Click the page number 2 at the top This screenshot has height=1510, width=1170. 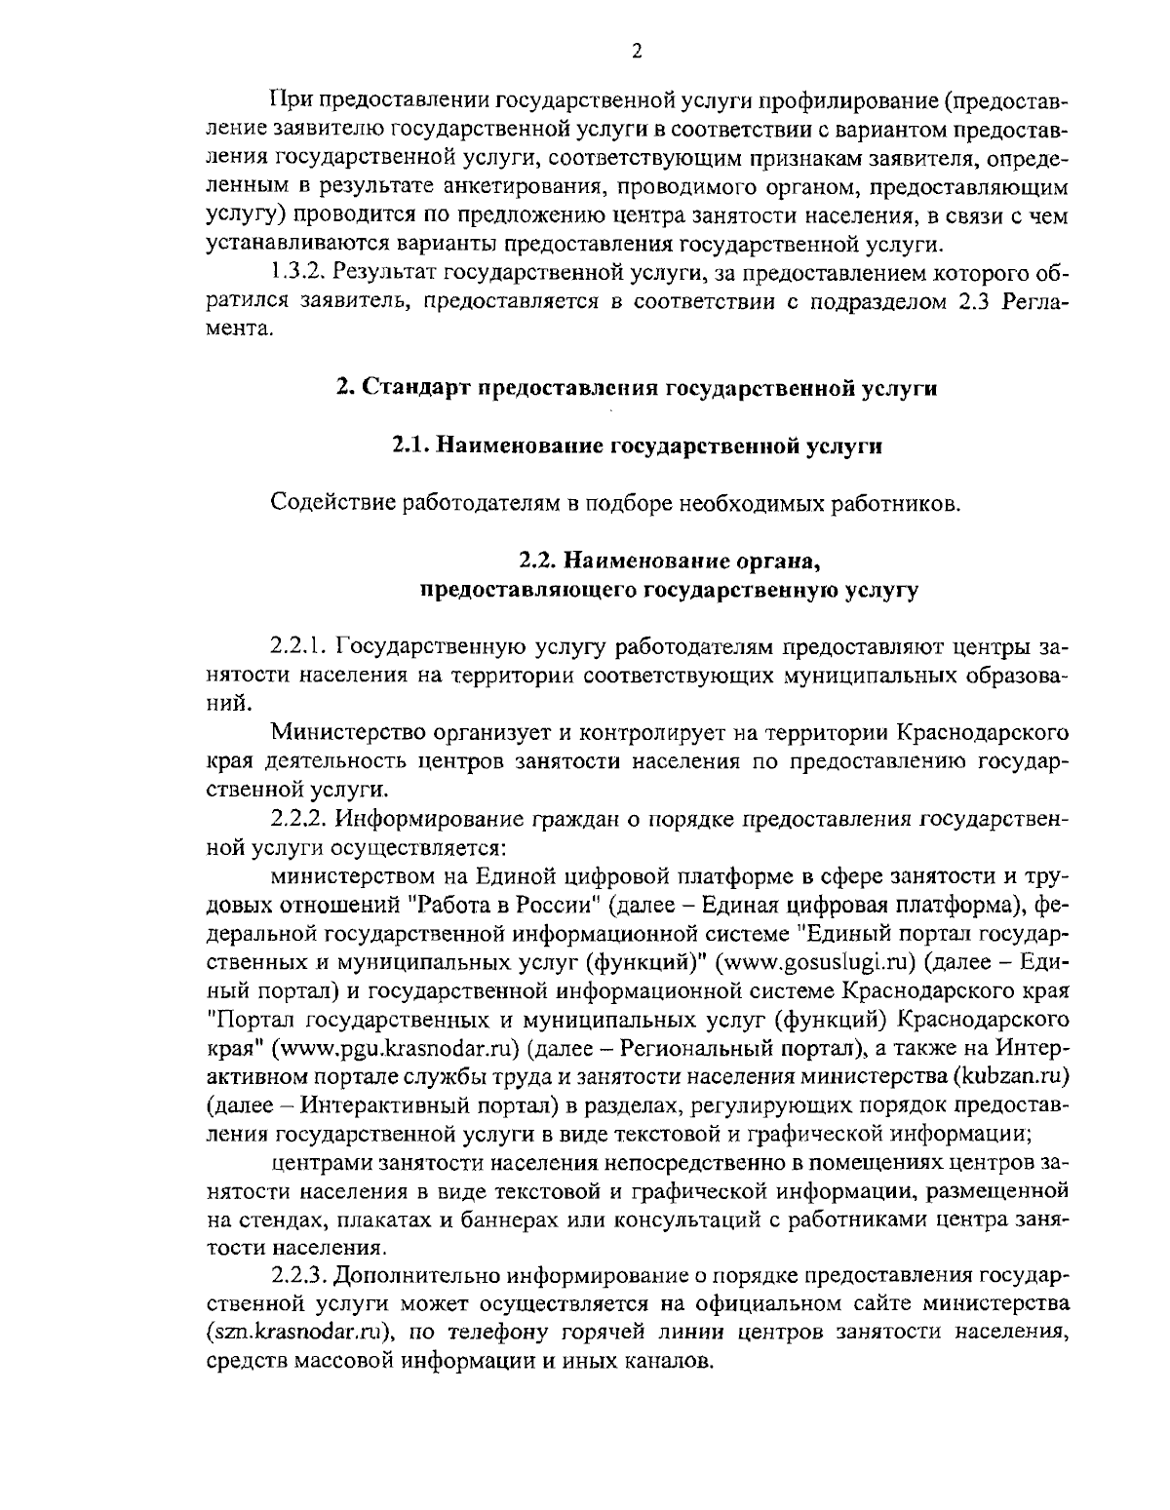click(636, 52)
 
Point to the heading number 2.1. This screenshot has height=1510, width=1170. click(410, 445)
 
